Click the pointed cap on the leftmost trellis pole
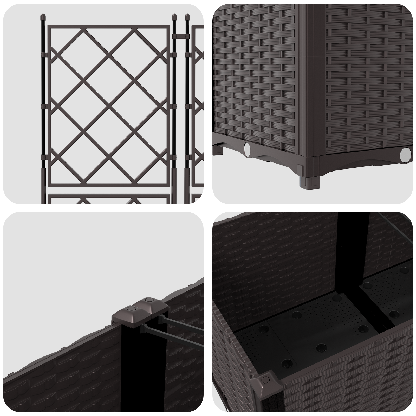(x=43, y=18)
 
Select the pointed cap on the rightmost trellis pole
(x=186, y=17)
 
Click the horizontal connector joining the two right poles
(x=180, y=35)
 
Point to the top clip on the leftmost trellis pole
(x=43, y=55)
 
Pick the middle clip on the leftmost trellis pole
(x=43, y=106)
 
